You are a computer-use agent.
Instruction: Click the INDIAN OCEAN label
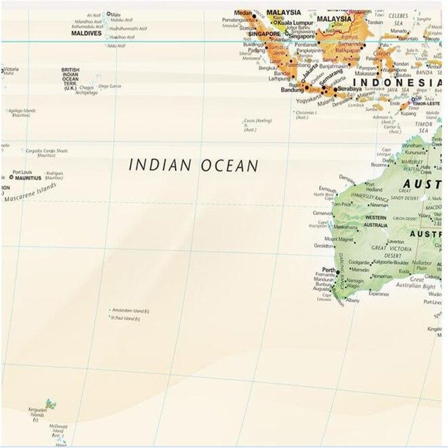[x=194, y=165]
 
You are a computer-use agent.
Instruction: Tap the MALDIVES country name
[x=86, y=33]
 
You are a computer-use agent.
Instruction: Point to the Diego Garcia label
[x=110, y=86]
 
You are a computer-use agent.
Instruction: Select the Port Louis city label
[x=23, y=172]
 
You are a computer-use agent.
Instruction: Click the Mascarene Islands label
[x=31, y=192]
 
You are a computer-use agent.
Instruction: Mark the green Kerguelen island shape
[x=50, y=403]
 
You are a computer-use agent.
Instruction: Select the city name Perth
[x=329, y=270]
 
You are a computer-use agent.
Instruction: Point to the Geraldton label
[x=324, y=245]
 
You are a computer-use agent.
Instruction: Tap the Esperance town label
[x=379, y=293]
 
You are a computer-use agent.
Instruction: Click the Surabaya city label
[x=350, y=88]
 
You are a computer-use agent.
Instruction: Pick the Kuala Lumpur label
[x=296, y=23]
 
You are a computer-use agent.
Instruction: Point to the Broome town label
[x=379, y=165]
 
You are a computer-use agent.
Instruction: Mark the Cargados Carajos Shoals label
[x=47, y=150]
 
